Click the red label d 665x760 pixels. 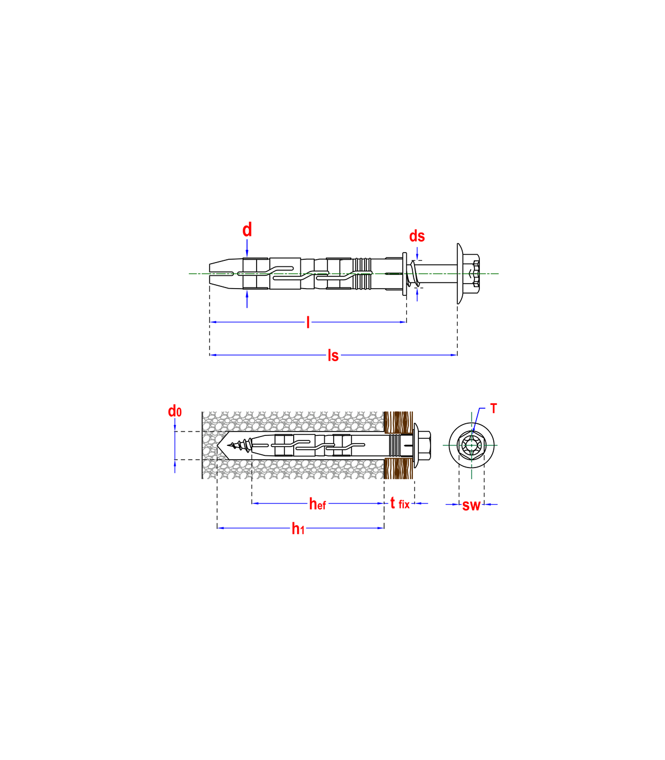pos(247,229)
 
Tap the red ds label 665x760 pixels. pos(417,236)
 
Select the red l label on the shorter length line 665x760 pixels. pos(308,322)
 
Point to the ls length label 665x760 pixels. pos(332,355)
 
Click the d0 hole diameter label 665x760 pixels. pos(175,411)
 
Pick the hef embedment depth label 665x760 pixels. pos(318,504)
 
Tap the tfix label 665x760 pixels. pos(400,503)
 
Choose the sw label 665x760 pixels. pos(471,505)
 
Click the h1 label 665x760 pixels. pos(298,529)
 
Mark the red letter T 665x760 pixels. pos(494,409)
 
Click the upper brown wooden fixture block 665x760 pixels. pos(399,422)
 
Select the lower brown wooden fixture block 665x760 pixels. pos(399,469)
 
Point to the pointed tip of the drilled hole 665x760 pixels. pos(218,445)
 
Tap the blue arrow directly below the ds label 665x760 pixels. pos(417,254)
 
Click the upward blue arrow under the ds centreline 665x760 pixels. pos(417,295)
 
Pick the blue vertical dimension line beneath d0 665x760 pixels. pos(175,446)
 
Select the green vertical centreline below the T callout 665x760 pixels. pos(471,463)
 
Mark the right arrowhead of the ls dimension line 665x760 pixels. pos(453,355)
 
